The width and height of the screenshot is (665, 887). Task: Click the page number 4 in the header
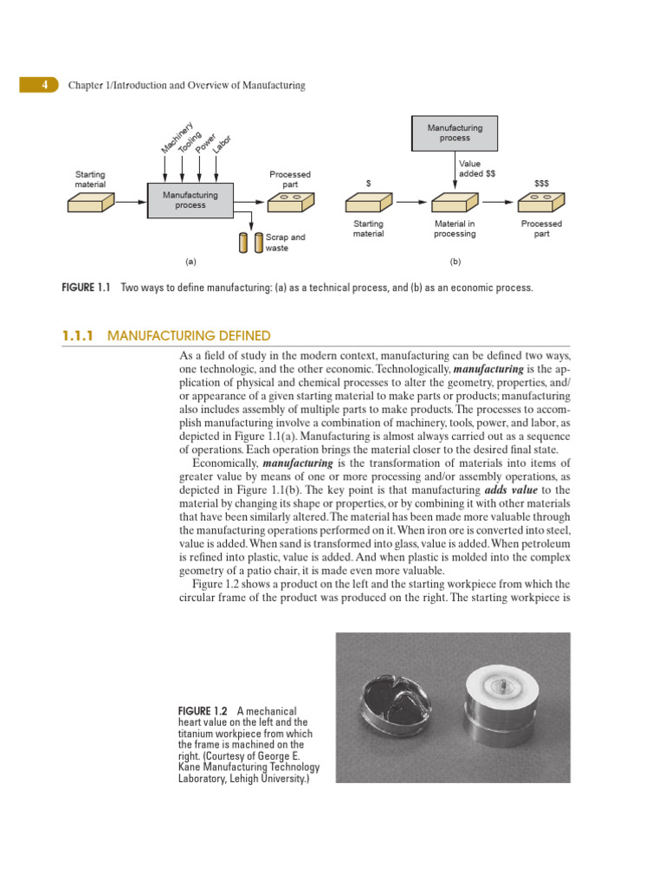coord(42,85)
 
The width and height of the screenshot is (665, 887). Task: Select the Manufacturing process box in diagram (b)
coord(455,133)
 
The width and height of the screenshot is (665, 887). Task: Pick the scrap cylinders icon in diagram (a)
coord(251,242)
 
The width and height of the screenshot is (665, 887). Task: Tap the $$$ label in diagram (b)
coord(541,183)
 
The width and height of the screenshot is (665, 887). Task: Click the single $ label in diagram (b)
coord(369,183)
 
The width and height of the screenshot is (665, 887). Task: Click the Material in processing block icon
coord(455,202)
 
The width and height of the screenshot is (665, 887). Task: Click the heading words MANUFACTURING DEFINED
coord(189,335)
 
